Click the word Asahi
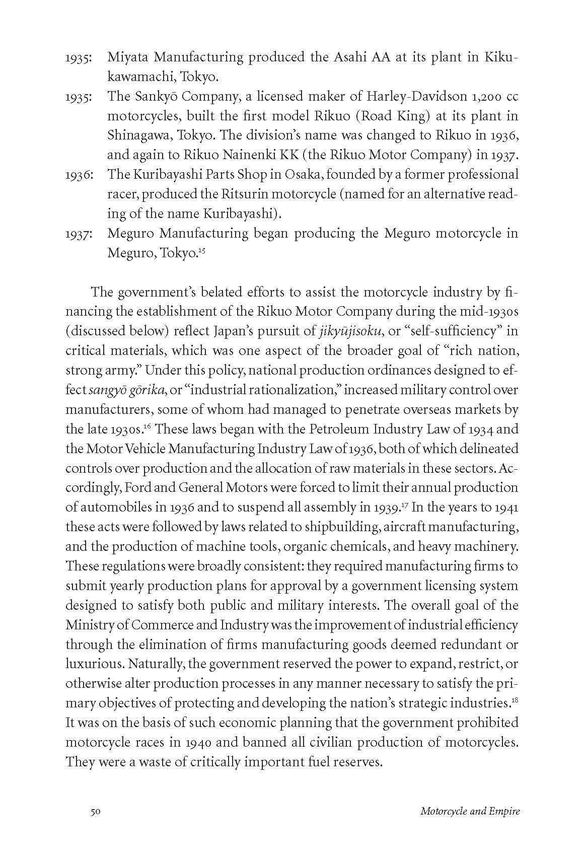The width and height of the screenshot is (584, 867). [350, 57]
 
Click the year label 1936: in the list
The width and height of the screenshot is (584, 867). [79, 175]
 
